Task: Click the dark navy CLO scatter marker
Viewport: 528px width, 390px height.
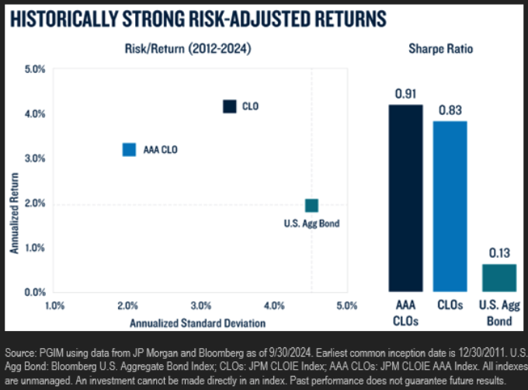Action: tap(229, 106)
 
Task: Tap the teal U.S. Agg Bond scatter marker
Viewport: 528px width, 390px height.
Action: tap(311, 205)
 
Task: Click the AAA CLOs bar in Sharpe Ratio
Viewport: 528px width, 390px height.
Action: tap(406, 198)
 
